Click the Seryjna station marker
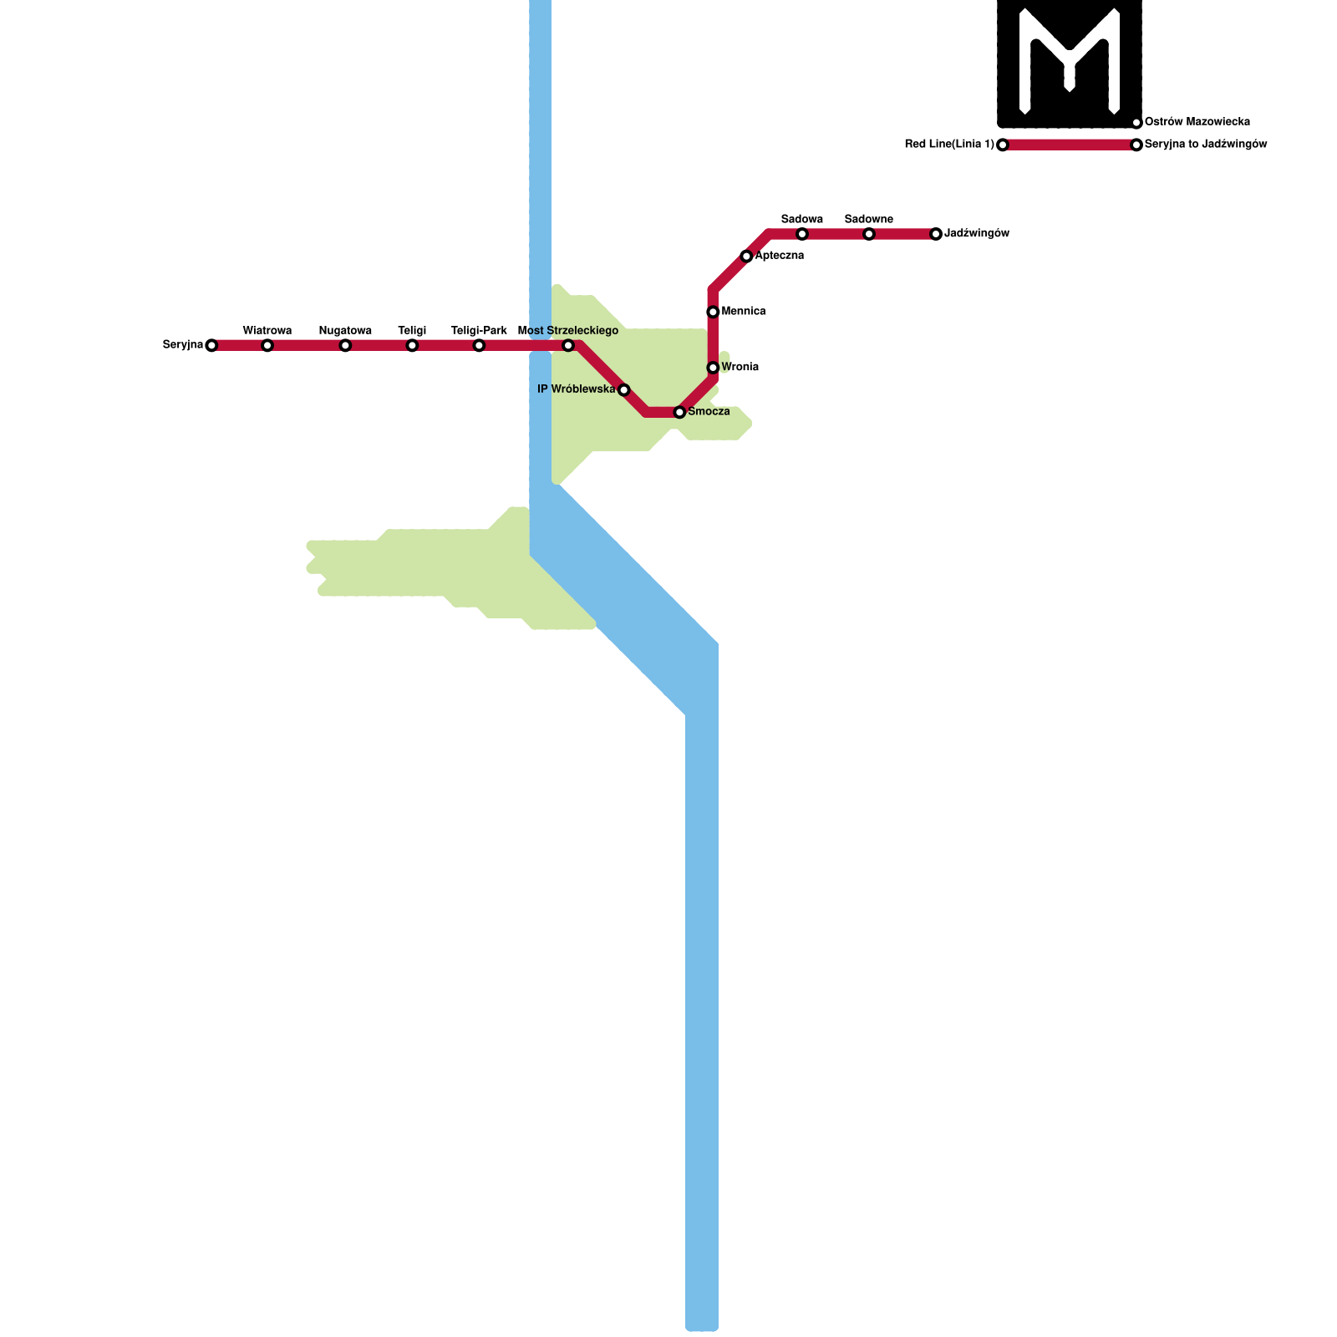(x=211, y=345)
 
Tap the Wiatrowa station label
(x=267, y=331)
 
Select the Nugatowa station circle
(x=345, y=345)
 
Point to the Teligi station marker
(x=412, y=345)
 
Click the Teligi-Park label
(x=479, y=331)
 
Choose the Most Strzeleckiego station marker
(x=568, y=345)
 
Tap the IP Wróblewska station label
(x=577, y=389)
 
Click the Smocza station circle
(x=679, y=412)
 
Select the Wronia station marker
(x=713, y=368)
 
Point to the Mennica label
(x=744, y=312)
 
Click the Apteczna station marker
(x=746, y=256)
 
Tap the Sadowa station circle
(x=802, y=234)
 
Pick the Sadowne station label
(x=869, y=220)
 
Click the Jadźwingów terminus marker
(x=936, y=234)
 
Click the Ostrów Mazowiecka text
(x=1197, y=122)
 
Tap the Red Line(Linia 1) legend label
(x=949, y=145)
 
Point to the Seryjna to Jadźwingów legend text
(x=1206, y=145)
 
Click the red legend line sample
(x=1070, y=145)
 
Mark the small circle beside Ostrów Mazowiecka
(x=1136, y=123)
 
